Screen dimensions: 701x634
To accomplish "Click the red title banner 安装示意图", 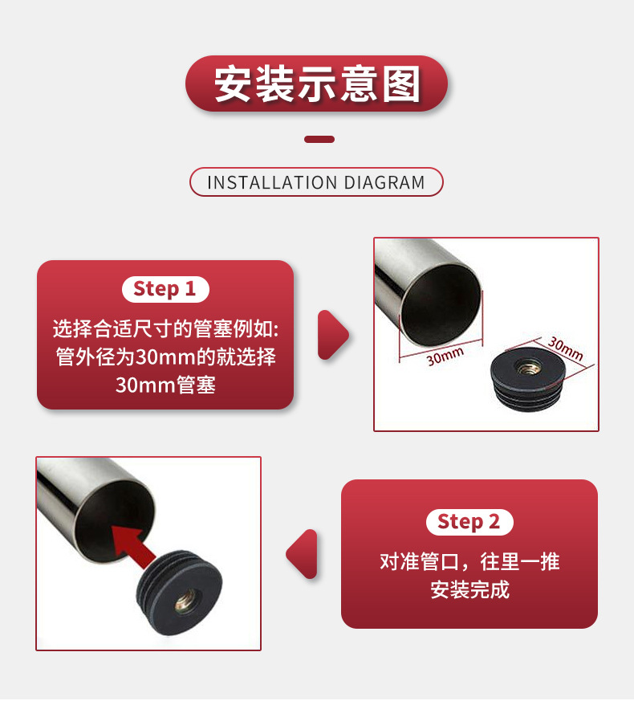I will coord(316,84).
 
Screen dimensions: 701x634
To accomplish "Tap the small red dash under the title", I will coord(319,140).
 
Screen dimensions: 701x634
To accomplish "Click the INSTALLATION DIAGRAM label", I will coord(316,182).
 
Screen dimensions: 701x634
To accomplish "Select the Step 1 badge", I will coord(165,289).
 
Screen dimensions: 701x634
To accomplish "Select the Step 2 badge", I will coord(469,522).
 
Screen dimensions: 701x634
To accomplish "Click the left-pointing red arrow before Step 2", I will coord(303,554).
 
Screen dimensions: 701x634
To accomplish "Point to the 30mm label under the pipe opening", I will coord(445,355).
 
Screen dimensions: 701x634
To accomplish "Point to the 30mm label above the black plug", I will coord(565,348).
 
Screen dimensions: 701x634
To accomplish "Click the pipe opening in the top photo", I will coord(441,301).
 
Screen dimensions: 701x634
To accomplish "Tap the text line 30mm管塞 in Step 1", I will coord(165,385).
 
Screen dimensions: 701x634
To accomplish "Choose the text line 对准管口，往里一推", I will coord(469,561).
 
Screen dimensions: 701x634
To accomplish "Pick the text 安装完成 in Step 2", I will coord(469,590).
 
